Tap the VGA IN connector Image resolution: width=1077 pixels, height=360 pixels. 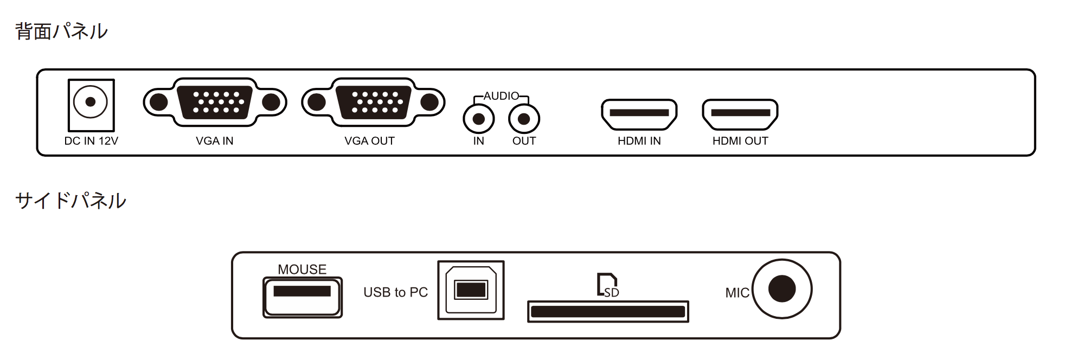[x=215, y=102]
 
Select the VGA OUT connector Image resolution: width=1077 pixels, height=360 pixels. [x=374, y=102]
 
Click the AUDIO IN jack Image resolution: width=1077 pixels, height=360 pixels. [x=478, y=119]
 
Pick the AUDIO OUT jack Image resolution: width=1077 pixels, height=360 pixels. [x=524, y=119]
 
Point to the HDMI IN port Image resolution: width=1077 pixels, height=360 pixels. [x=639, y=114]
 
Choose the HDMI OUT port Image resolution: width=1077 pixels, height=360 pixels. [x=740, y=114]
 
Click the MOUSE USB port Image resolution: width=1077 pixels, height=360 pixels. [x=303, y=297]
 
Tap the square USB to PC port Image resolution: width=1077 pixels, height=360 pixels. [x=471, y=290]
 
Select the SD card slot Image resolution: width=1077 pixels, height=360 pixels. [x=608, y=312]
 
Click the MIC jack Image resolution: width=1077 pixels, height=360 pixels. [x=782, y=288]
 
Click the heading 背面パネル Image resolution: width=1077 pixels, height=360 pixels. [x=61, y=31]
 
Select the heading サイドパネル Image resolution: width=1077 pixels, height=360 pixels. [x=70, y=201]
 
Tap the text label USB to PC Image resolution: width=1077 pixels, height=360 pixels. [x=395, y=293]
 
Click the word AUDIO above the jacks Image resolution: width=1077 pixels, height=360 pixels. [x=501, y=96]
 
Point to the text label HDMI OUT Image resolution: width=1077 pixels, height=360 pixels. [x=740, y=141]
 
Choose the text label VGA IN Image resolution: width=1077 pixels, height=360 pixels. [x=215, y=141]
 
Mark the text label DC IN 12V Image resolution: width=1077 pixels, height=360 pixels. [x=91, y=141]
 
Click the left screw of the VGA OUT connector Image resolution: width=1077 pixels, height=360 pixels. [x=317, y=102]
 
